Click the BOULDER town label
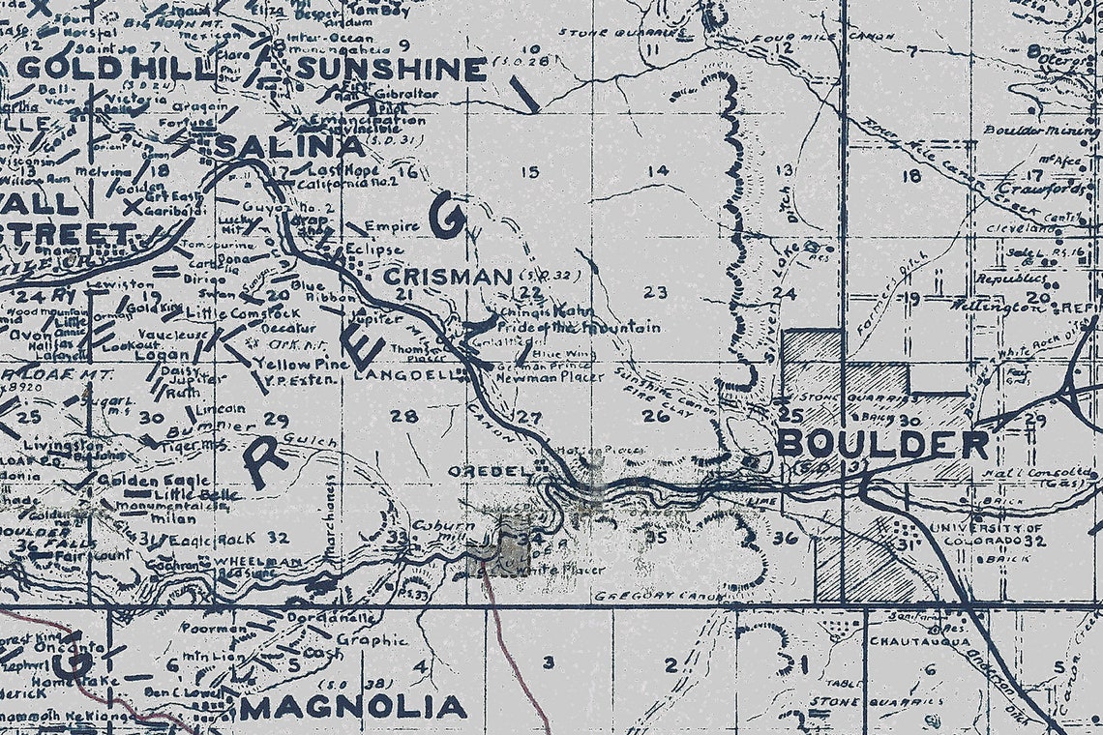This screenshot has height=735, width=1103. (881, 444)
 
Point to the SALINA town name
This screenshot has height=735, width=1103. (290, 147)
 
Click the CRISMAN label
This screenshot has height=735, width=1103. (447, 277)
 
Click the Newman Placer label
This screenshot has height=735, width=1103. (562, 377)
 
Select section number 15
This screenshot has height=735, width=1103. (529, 172)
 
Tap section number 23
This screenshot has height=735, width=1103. (656, 292)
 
